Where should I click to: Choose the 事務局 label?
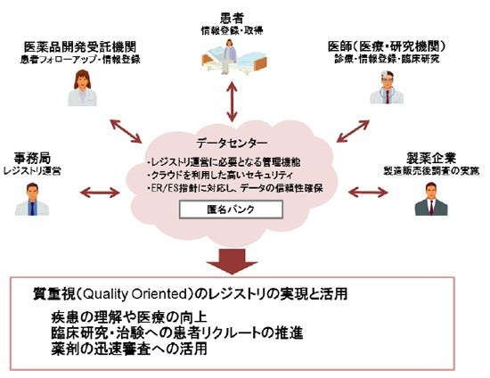[33, 154]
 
